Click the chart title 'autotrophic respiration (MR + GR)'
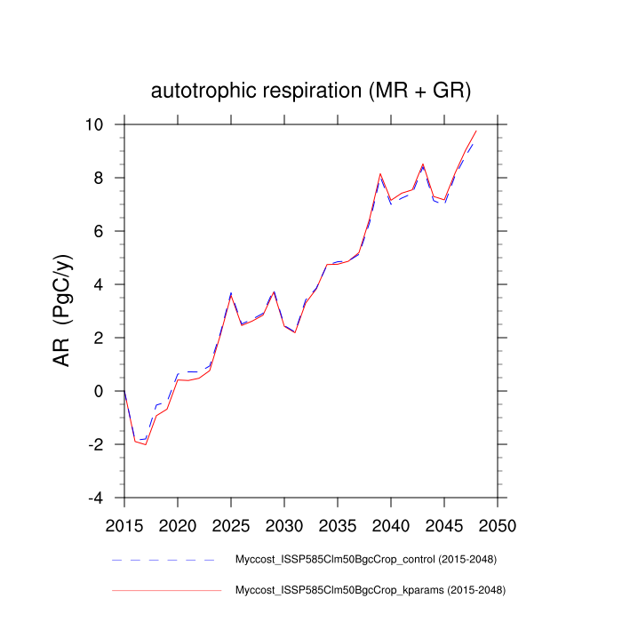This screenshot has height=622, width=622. click(x=310, y=91)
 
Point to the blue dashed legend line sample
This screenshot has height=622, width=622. click(x=165, y=561)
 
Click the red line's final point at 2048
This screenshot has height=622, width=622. click(x=476, y=131)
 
